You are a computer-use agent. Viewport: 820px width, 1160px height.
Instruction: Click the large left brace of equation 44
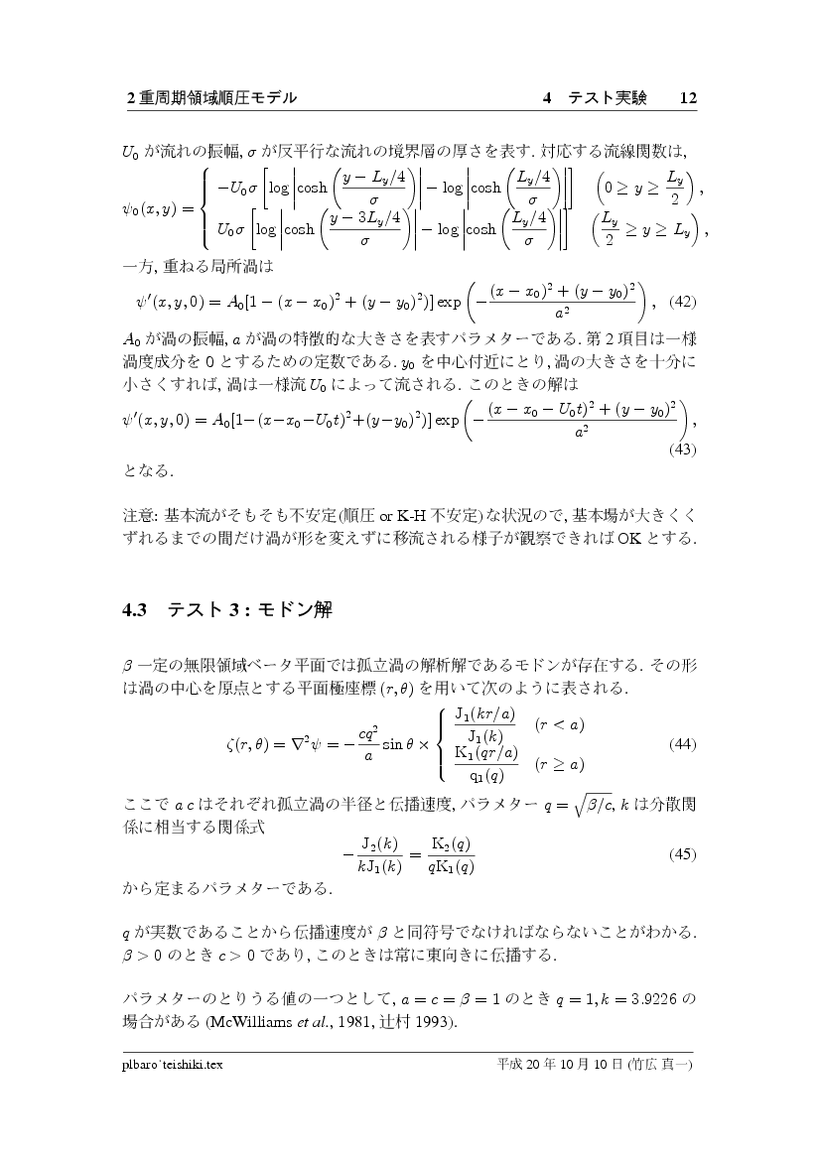pos(442,743)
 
